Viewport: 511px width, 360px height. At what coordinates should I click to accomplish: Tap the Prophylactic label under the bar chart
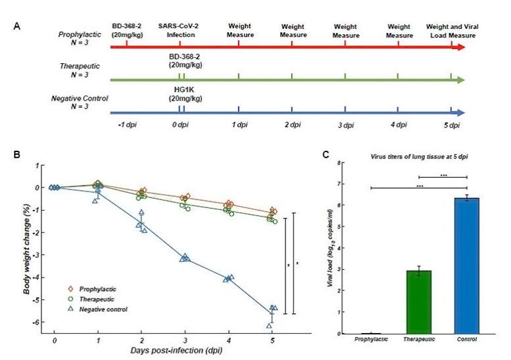pos(371,339)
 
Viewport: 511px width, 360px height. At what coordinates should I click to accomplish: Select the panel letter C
pos(325,155)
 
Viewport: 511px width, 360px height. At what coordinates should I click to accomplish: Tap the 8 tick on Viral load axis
pos(339,162)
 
